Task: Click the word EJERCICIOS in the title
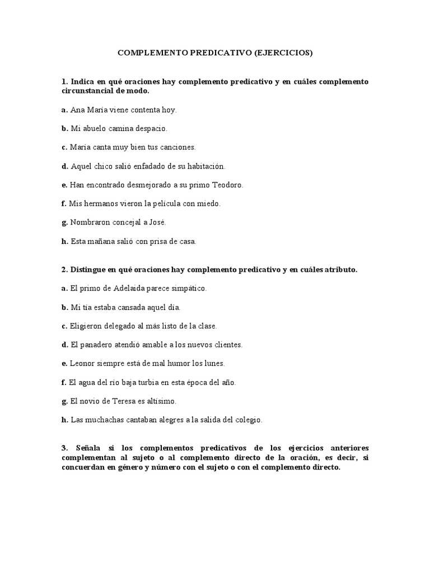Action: pyautogui.click(x=283, y=53)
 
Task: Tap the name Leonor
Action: pyautogui.click(x=82, y=364)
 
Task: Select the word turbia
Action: pyautogui.click(x=152, y=383)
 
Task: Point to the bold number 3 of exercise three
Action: pyautogui.click(x=64, y=449)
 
